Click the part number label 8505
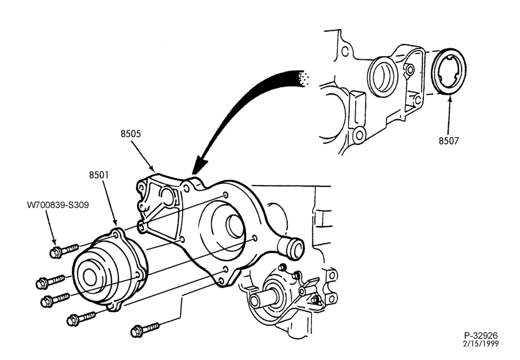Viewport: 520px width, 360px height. [131, 134]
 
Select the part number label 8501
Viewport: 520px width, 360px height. [99, 175]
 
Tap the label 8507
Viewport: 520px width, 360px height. [449, 141]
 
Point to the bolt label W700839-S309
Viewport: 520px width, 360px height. [58, 205]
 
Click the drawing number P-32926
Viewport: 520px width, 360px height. [481, 336]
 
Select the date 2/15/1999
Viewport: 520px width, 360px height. [481, 344]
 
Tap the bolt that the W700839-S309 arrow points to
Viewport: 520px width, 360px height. [64, 251]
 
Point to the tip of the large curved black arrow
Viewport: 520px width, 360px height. [195, 173]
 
